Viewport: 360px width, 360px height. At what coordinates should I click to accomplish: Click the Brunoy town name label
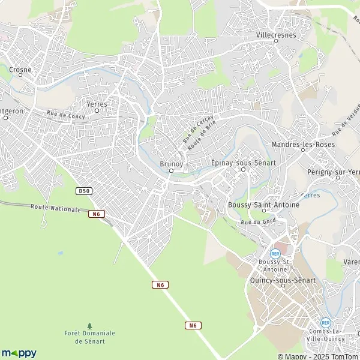pyautogui.click(x=170, y=163)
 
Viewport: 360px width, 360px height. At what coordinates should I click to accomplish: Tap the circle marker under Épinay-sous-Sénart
pyautogui.click(x=243, y=170)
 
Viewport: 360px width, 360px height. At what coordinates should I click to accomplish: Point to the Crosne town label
pyautogui.click(x=20, y=70)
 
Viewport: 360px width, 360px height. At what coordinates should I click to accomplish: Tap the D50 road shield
pyautogui.click(x=83, y=191)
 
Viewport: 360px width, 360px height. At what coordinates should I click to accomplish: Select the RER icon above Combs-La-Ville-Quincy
pyautogui.click(x=325, y=322)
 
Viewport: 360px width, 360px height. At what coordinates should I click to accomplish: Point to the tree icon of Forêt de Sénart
pyautogui.click(x=90, y=326)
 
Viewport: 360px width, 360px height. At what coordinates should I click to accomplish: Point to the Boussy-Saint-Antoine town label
pyautogui.click(x=263, y=205)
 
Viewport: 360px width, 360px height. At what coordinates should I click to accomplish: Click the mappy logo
pyautogui.click(x=19, y=353)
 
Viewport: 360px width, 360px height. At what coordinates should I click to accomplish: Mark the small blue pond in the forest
pyautogui.click(x=59, y=253)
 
